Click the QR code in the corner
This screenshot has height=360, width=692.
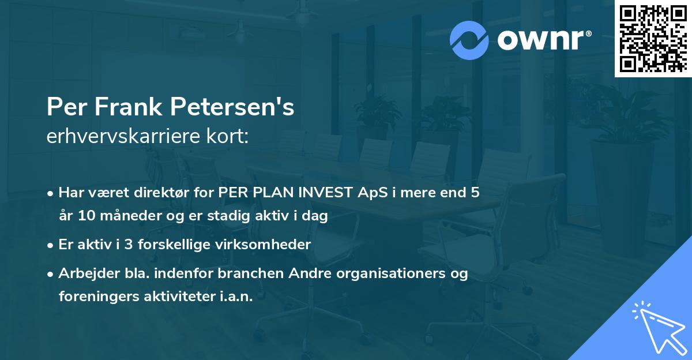coord(653,39)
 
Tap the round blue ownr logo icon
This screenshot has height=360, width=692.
coord(469,40)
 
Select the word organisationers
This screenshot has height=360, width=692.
coord(389,273)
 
